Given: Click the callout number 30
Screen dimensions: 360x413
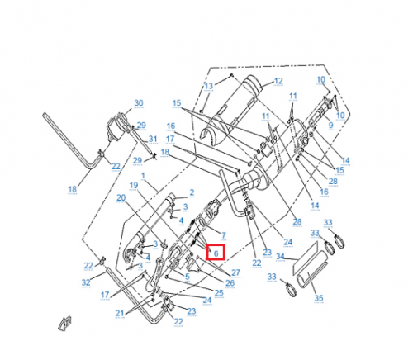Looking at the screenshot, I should click(139, 103).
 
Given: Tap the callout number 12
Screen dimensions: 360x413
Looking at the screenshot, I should click(278, 81).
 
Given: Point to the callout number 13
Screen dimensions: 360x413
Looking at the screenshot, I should click(209, 86).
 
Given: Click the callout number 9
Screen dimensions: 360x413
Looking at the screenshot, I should click(331, 126).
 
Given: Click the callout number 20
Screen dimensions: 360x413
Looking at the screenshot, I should click(121, 198).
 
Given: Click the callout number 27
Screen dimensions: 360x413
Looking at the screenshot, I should click(235, 272).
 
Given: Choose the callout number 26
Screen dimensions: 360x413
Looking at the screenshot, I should click(230, 283).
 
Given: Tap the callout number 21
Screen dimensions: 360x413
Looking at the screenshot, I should click(121, 313).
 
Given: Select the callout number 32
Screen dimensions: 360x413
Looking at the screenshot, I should click(86, 282).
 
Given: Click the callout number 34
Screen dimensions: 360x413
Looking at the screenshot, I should click(280, 257).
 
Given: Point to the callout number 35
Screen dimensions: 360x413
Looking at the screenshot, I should click(319, 298).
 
